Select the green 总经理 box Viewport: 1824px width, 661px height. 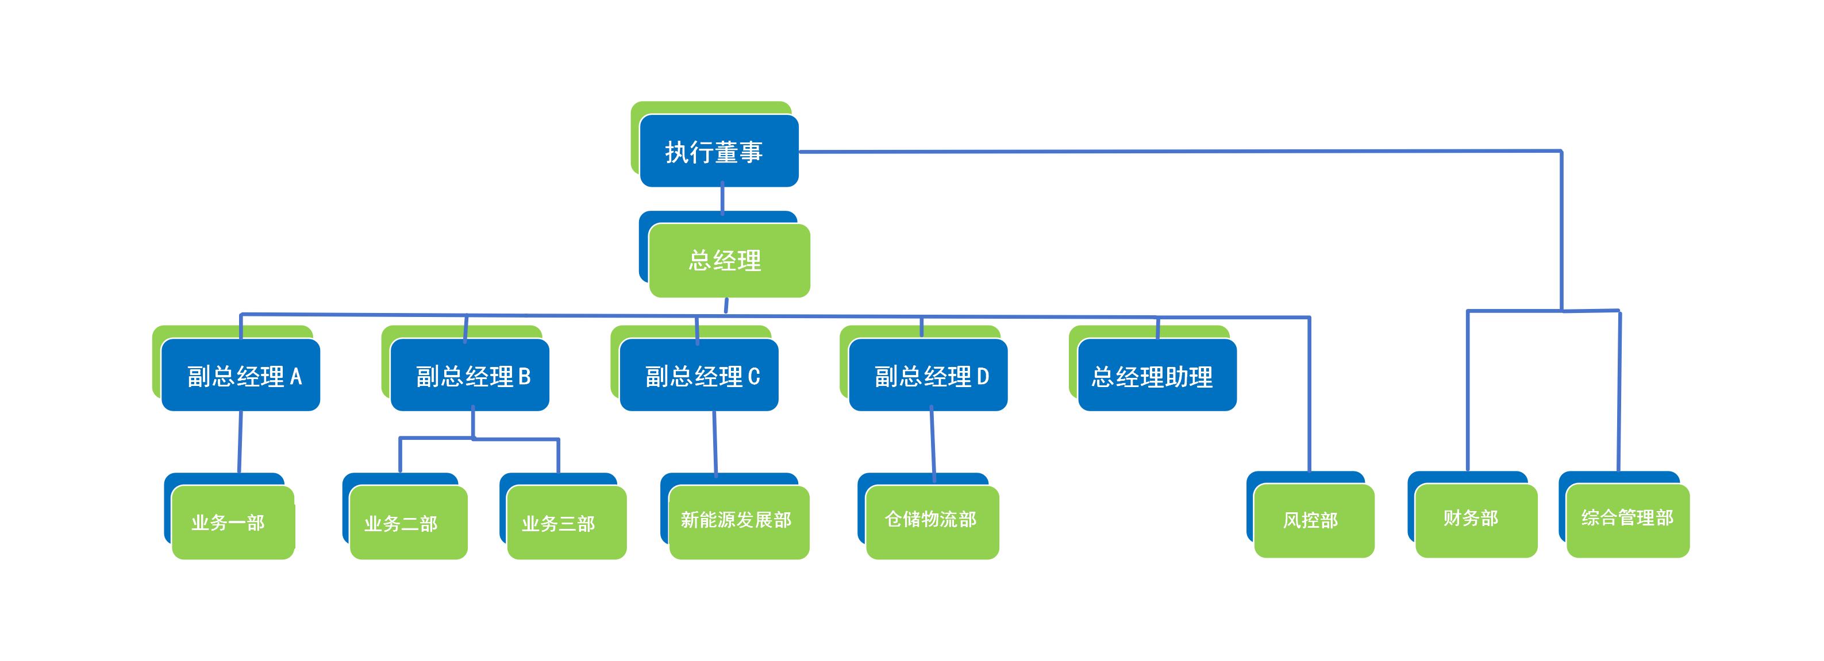coord(729,260)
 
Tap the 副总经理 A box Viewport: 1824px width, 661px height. coord(241,375)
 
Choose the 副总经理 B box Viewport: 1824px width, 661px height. coord(470,375)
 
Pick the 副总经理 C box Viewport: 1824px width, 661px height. coord(699,375)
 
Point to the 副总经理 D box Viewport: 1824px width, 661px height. coord(928,375)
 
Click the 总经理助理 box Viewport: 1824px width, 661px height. coord(1157,375)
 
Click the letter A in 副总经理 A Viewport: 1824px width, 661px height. coord(296,377)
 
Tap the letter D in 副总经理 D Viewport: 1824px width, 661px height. coord(983,377)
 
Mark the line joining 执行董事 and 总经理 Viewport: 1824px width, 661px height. coord(722,199)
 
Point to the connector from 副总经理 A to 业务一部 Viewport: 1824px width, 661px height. coord(240,442)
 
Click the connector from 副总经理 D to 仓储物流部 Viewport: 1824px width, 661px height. coord(933,442)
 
